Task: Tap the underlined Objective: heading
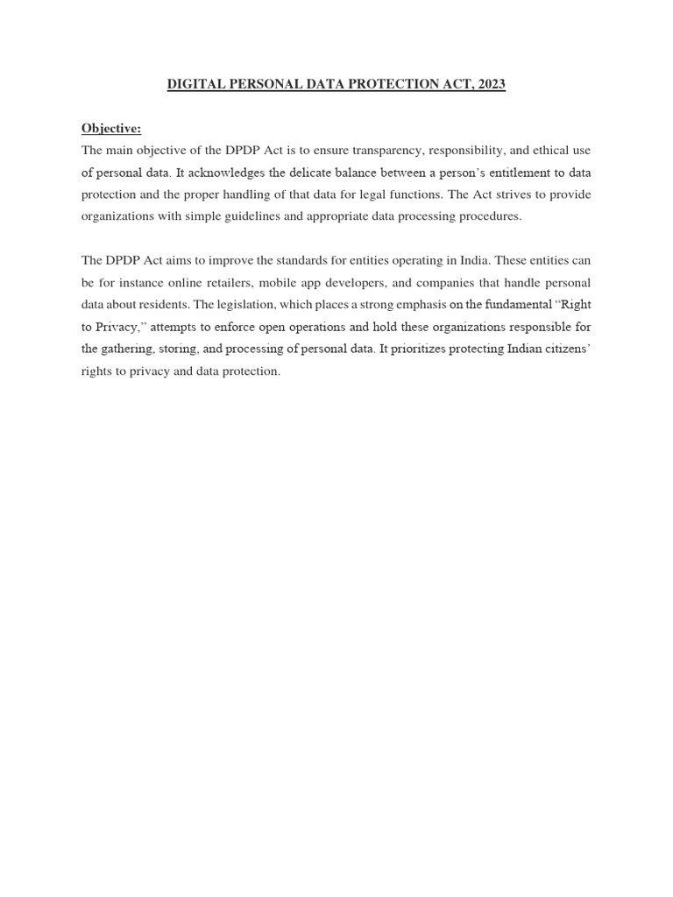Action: pos(111,129)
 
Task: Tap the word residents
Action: pos(165,305)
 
